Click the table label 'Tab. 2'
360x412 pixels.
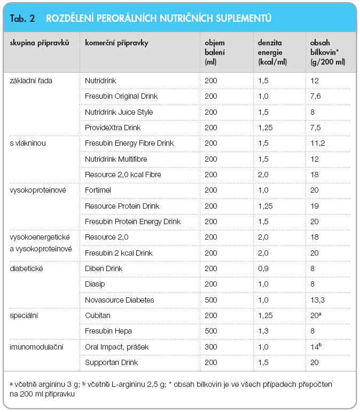22,18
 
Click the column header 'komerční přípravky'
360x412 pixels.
116,43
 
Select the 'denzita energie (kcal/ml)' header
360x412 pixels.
272,52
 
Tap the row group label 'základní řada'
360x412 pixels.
31,81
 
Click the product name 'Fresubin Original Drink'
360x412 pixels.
121,96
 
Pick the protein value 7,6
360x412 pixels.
316,96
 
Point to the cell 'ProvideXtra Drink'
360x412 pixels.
113,128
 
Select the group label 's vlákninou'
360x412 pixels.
28,143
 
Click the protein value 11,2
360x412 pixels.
318,143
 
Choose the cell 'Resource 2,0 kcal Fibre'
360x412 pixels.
123,175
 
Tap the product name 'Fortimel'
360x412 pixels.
98,190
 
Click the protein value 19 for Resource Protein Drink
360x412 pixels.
315,206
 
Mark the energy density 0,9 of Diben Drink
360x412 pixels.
263,268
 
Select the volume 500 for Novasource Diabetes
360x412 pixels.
211,300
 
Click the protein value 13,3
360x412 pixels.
317,300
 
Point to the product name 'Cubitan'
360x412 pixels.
98,315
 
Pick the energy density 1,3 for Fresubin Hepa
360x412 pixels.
263,331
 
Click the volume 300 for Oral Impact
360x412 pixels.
211,347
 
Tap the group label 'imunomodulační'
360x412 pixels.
36,347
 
